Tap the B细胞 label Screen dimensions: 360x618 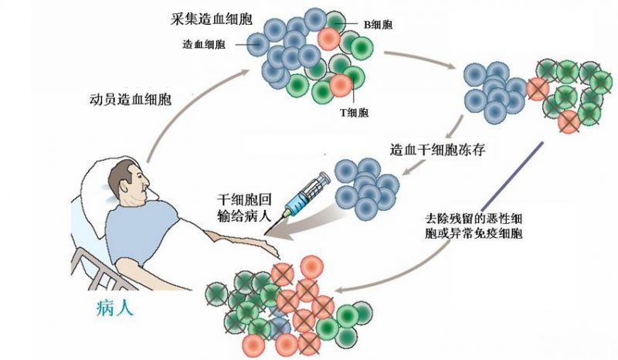click(378, 25)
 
